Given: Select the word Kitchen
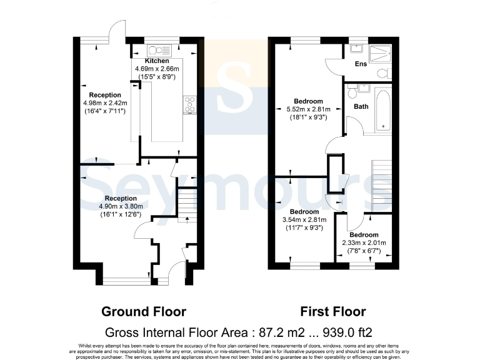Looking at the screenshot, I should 156,61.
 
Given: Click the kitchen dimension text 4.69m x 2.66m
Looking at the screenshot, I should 156,69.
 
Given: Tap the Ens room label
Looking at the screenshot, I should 361,64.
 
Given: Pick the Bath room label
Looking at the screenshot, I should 361,107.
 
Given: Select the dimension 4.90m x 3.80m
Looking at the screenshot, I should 112,207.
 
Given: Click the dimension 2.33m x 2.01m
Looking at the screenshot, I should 364,243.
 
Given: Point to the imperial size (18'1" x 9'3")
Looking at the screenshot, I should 306,117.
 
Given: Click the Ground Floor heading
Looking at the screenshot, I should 143,311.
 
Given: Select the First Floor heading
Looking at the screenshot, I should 333,311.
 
